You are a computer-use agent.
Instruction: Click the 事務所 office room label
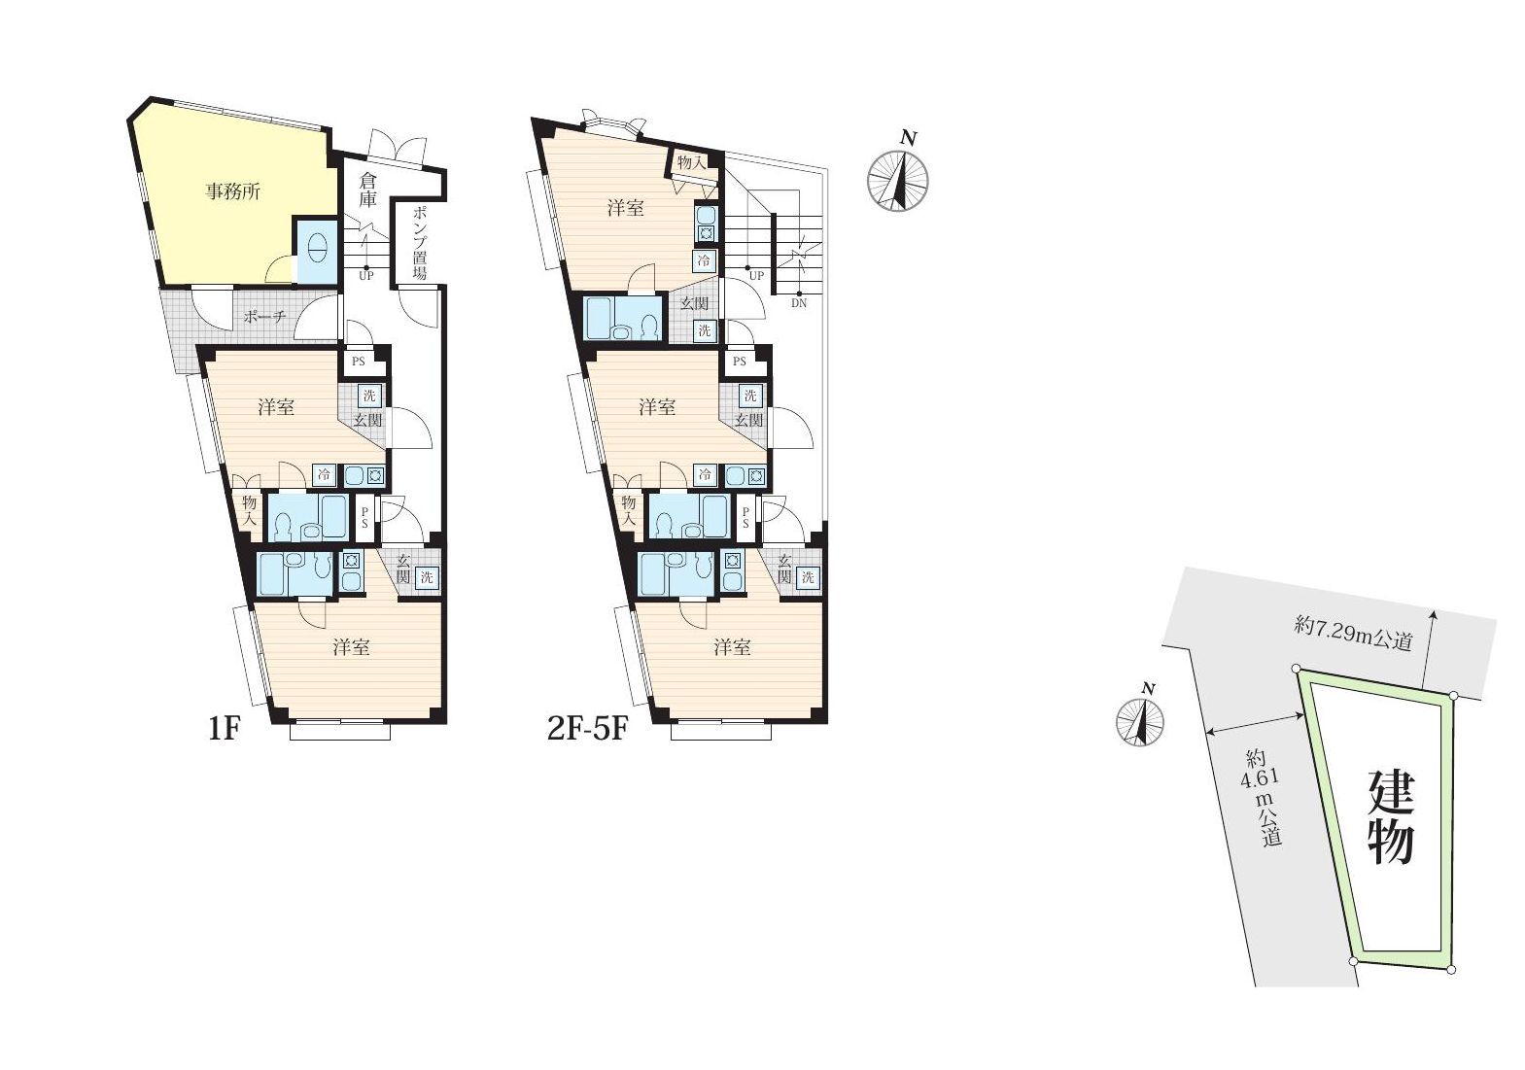pyautogui.click(x=233, y=192)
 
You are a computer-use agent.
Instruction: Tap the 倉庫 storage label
pyautogui.click(x=367, y=190)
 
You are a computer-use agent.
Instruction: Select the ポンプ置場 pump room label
pyautogui.click(x=419, y=243)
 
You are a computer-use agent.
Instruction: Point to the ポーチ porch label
pyautogui.click(x=264, y=317)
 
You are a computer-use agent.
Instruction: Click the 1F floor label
pyautogui.click(x=225, y=729)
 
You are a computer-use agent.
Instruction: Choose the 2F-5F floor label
pyautogui.click(x=587, y=729)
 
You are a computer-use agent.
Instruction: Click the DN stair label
pyautogui.click(x=799, y=303)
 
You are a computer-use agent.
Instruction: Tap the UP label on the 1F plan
pyautogui.click(x=366, y=276)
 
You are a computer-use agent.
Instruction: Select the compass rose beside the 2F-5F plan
pyautogui.click(x=898, y=181)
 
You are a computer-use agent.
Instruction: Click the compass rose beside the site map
pyautogui.click(x=1140, y=721)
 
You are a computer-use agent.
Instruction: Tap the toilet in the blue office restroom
pyautogui.click(x=317, y=249)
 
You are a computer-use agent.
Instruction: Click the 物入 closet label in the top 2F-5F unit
pyautogui.click(x=690, y=162)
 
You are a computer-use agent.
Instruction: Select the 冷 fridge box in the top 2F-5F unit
pyautogui.click(x=704, y=260)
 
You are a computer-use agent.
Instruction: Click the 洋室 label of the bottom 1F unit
pyautogui.click(x=351, y=647)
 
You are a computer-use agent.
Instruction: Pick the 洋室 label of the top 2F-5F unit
pyautogui.click(x=626, y=208)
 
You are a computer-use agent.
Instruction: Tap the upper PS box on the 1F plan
pyautogui.click(x=359, y=362)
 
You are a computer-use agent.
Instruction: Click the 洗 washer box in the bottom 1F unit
pyautogui.click(x=426, y=578)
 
